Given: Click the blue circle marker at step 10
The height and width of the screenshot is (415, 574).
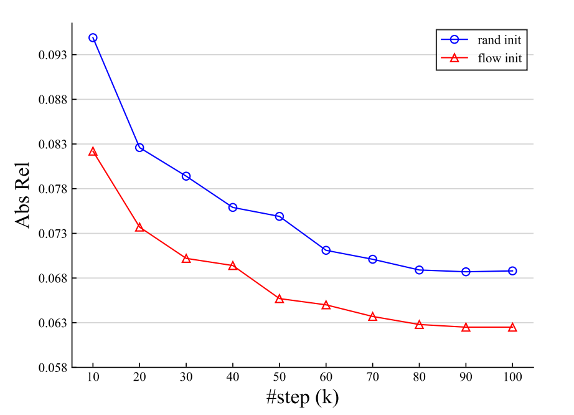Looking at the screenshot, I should (x=93, y=38).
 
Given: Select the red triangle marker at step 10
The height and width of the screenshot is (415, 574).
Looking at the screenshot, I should (x=93, y=151).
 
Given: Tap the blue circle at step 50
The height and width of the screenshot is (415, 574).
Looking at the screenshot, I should (x=280, y=216).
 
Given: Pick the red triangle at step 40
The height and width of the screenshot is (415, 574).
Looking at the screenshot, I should (x=233, y=266).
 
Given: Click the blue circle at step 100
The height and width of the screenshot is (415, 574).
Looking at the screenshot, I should (x=512, y=271).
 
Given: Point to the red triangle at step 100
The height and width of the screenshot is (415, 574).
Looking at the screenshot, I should (x=512, y=327).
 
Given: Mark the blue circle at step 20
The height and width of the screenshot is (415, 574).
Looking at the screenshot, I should (x=139, y=148).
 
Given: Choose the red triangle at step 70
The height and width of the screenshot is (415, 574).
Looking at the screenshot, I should (x=372, y=317).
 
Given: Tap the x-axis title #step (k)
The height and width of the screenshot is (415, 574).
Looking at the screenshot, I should (x=303, y=398).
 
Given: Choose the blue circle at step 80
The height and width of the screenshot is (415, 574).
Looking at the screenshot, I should (x=419, y=270).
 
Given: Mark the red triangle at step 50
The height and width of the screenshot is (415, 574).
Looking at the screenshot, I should (x=280, y=299).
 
